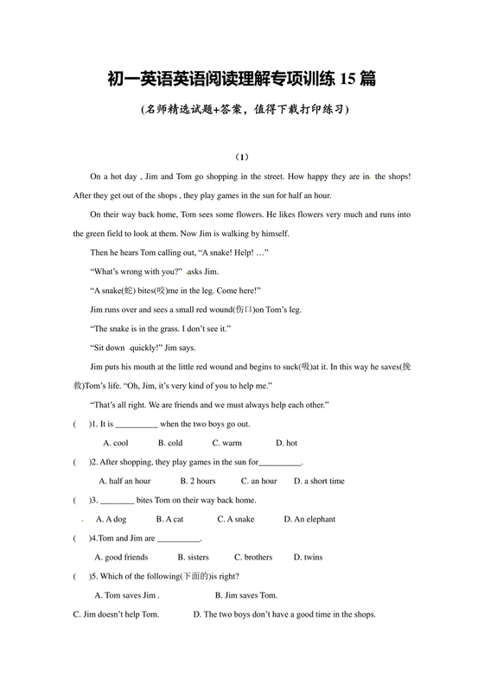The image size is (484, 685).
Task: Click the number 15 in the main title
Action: [x=348, y=80]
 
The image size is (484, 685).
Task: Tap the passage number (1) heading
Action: [x=242, y=157]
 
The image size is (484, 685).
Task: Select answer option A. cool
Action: [x=115, y=443]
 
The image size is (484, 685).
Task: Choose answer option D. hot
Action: [x=286, y=443]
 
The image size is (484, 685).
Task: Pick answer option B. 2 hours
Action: [x=198, y=481]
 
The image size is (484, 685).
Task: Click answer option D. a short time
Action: [x=319, y=481]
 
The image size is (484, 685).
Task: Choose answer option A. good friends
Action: [x=121, y=557]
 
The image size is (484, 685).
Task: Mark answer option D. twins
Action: [x=308, y=557]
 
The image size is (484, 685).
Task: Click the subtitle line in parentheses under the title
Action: [x=242, y=110]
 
